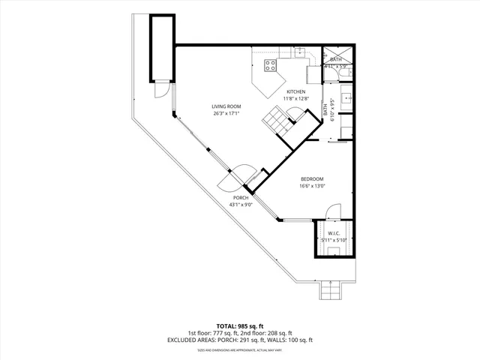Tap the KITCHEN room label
(x=295, y=91)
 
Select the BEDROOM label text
(x=312, y=178)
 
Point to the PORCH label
(x=240, y=197)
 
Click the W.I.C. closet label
(x=334, y=233)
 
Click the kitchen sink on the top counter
(x=299, y=52)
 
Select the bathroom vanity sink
(x=347, y=96)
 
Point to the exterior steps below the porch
(x=331, y=291)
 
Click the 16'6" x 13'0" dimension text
(x=312, y=186)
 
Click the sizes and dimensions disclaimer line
(x=240, y=349)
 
